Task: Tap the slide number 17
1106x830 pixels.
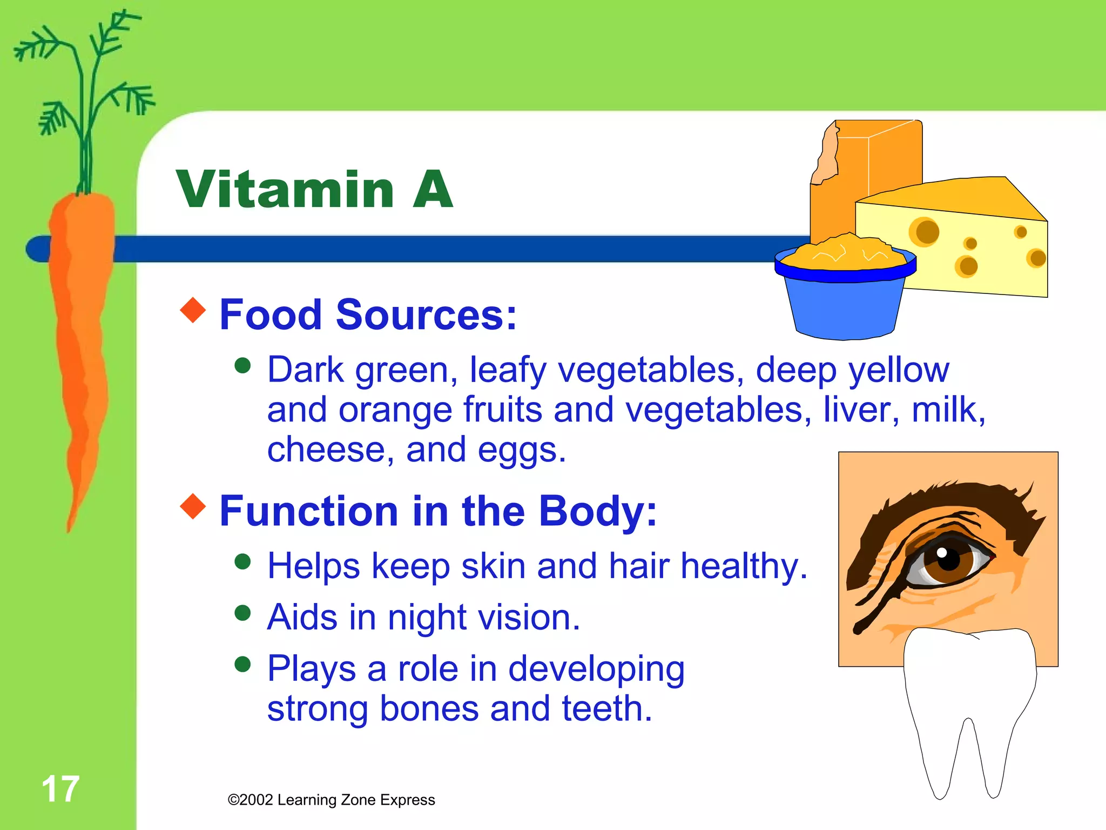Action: click(60, 789)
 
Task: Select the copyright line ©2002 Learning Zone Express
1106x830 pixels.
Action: click(331, 800)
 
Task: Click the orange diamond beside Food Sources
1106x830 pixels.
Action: click(193, 310)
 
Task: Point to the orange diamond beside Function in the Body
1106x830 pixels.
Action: click(193, 506)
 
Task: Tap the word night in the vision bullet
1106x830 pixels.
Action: click(427, 617)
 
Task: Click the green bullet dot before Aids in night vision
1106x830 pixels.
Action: click(243, 613)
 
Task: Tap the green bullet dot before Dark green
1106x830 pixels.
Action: click(243, 365)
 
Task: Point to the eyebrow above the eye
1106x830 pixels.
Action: click(950, 500)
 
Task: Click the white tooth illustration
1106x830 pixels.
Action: click(969, 702)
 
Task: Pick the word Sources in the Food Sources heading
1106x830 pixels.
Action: click(426, 314)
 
